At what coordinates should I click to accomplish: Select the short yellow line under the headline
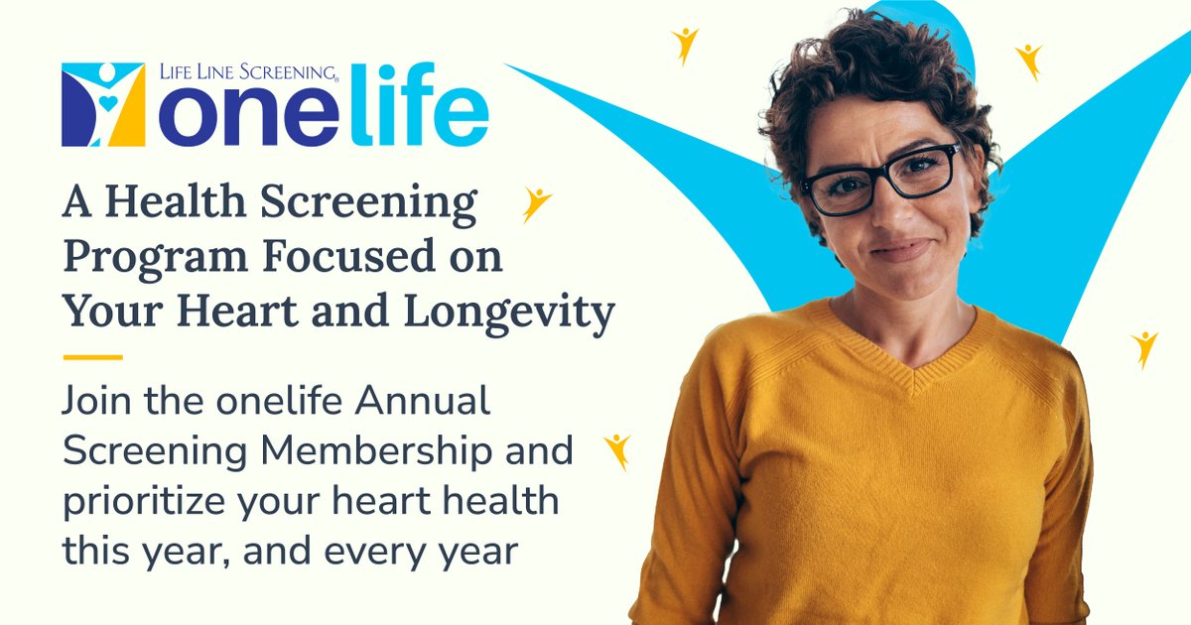click(x=92, y=356)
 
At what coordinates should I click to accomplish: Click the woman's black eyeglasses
click(x=880, y=180)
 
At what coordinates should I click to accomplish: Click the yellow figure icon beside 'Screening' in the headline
click(x=537, y=202)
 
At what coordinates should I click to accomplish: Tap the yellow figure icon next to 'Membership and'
click(x=618, y=449)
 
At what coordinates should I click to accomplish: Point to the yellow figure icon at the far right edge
click(x=1145, y=347)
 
